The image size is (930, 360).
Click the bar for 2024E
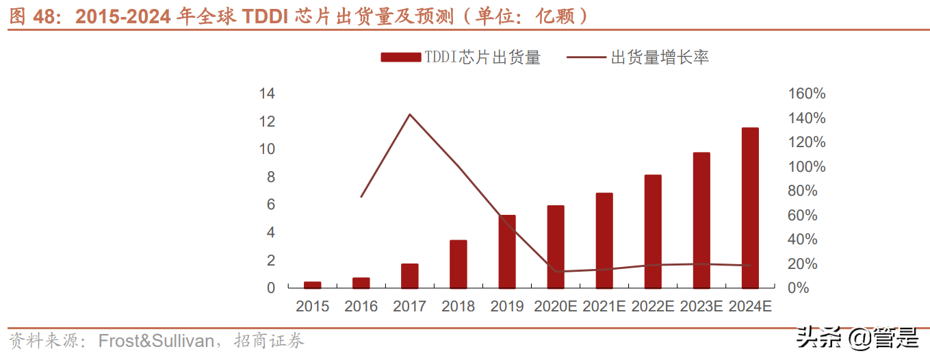point(750,208)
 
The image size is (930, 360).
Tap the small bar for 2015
point(312,285)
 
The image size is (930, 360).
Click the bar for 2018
point(458,264)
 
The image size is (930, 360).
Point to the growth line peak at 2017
point(409,114)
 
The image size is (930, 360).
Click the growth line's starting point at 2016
point(361,197)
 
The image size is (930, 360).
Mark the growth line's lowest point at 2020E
point(555,272)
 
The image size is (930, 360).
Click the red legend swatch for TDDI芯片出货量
point(400,58)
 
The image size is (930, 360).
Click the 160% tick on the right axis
point(807,94)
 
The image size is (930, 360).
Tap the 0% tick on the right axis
point(798,288)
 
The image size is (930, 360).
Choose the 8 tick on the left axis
point(271,177)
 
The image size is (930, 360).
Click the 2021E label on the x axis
point(604,307)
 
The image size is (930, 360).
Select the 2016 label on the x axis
point(361,307)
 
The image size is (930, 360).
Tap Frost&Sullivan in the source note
point(156,341)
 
